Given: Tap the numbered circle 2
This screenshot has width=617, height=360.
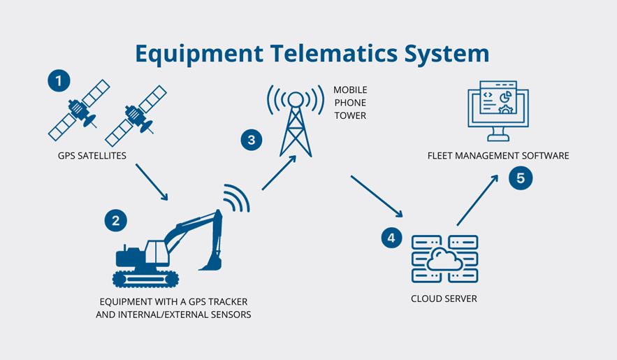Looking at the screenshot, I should (115, 221).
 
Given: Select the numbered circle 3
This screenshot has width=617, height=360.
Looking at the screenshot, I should (251, 139).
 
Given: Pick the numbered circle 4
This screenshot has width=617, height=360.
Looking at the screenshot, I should (391, 238).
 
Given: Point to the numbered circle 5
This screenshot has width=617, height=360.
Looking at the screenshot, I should (521, 178).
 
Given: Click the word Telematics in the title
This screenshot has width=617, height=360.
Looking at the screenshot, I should (312, 54).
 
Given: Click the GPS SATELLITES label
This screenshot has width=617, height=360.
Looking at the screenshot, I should (92, 156).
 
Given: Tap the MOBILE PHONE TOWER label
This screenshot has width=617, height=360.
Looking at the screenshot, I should (350, 103).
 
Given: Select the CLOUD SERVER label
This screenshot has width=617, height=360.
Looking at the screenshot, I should (444, 299).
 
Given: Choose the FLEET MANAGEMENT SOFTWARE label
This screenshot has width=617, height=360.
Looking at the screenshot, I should (498, 156).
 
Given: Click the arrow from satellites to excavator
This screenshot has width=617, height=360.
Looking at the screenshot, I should (152, 182).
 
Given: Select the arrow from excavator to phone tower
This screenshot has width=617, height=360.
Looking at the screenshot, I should (280, 172).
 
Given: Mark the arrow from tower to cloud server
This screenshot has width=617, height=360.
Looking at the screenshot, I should (378, 196).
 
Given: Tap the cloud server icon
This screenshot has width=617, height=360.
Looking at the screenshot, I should (444, 259).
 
